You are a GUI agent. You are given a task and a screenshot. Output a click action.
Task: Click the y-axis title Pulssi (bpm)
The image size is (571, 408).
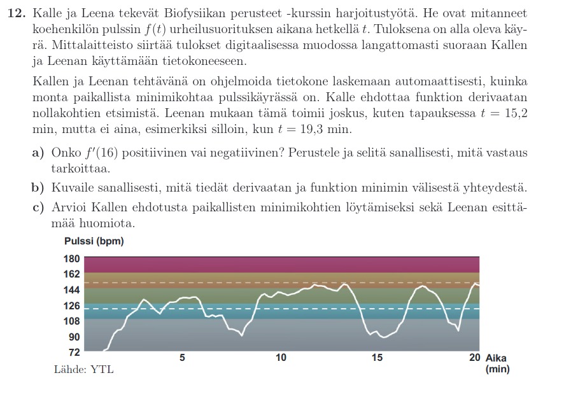tap(94, 241)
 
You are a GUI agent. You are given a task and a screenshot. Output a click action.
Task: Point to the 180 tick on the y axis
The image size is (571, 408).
tap(71, 259)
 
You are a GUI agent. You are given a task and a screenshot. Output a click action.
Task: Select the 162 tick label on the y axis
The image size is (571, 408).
tap(71, 274)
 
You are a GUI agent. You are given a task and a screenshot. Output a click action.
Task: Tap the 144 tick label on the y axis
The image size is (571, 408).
tap(71, 290)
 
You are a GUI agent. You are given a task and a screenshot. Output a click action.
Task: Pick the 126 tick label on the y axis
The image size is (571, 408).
tap(71, 306)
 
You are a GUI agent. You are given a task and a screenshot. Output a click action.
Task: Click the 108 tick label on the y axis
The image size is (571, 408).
tap(71, 321)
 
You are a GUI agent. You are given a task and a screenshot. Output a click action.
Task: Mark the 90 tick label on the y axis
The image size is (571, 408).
tap(74, 337)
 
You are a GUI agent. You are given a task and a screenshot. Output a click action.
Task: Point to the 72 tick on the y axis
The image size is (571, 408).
tap(74, 351)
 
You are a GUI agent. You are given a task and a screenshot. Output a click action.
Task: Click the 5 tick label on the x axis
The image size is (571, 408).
tap(182, 358)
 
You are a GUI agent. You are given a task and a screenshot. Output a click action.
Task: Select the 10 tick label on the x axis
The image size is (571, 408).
tap(281, 358)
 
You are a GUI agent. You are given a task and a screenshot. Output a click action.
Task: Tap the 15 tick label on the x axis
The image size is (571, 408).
tap(377, 358)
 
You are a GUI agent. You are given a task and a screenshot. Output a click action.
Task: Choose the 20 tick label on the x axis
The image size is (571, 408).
tap(475, 358)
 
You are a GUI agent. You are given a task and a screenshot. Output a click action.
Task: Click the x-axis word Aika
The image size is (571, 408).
tap(496, 358)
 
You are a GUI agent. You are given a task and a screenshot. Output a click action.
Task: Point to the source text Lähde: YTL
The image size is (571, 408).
tap(83, 369)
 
